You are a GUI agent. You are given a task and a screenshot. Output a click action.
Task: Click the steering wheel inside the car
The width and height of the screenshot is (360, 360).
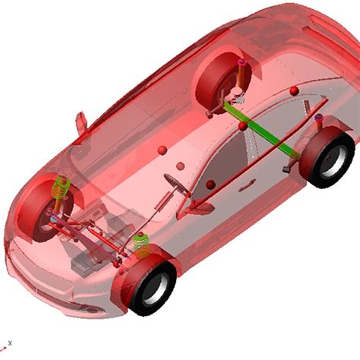tap(176, 183)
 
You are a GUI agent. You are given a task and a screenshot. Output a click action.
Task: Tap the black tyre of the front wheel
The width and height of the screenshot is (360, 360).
tap(153, 284)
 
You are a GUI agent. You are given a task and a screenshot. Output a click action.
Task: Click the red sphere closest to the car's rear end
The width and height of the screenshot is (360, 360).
tap(294, 91)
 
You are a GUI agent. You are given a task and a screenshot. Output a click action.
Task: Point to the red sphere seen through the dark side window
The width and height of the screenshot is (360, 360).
tap(210, 185)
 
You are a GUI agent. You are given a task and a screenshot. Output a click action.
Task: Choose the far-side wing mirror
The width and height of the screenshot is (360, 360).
tap(81, 122)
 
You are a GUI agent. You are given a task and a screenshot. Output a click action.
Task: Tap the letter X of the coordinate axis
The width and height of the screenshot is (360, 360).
tap(10, 342)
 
